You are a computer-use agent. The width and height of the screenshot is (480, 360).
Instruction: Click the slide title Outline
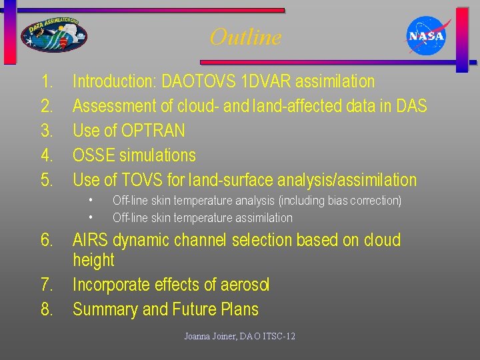tap(245, 37)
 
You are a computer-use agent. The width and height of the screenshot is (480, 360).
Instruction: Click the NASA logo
tap(427, 36)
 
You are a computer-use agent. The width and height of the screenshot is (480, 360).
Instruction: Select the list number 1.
tap(46, 82)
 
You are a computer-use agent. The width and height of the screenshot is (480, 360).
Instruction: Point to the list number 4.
tap(47, 156)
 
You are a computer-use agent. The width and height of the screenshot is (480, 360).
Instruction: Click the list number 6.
tap(47, 240)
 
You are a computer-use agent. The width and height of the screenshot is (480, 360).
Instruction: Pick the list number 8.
tap(47, 309)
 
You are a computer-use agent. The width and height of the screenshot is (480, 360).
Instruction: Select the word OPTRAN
tap(154, 131)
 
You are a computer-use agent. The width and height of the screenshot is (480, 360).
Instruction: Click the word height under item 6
tap(93, 261)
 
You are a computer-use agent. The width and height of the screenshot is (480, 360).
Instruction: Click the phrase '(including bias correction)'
tap(340, 201)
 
